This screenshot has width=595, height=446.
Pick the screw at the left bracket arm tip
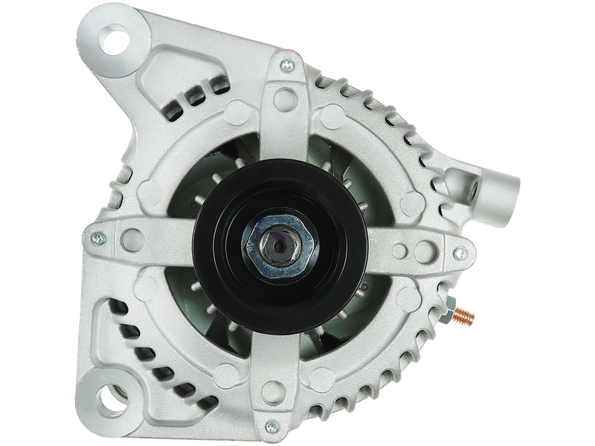97,239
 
